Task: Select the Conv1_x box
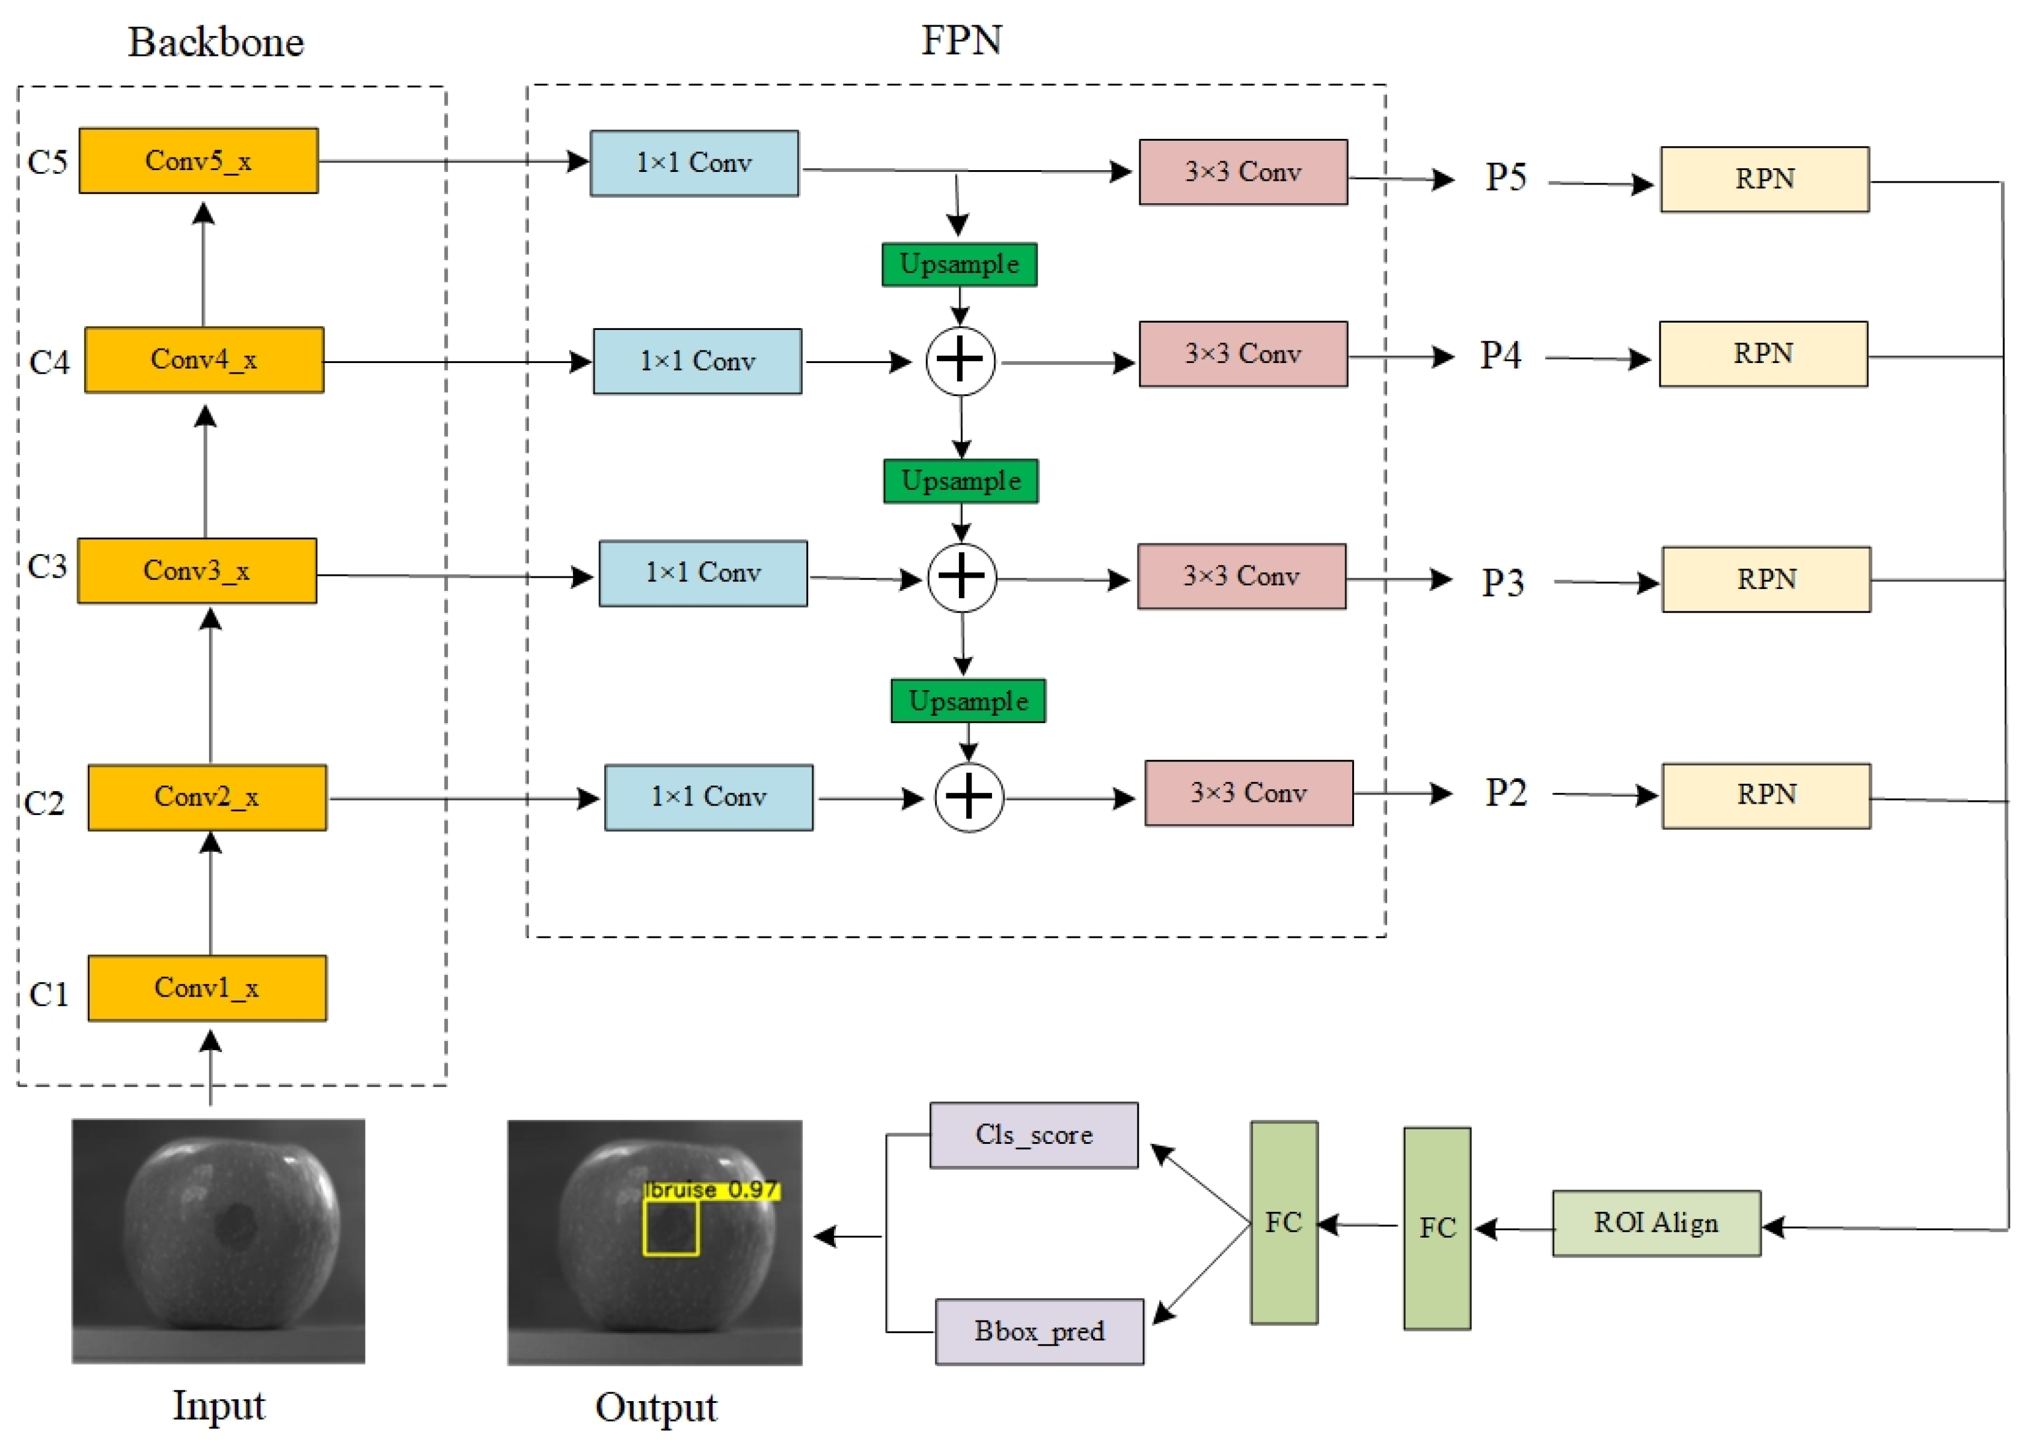[x=206, y=988]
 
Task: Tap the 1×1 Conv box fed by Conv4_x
[x=697, y=361]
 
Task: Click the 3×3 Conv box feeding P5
[x=1242, y=172]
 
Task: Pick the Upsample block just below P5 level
[x=958, y=264]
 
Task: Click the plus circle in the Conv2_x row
[x=968, y=796]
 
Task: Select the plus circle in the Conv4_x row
[x=960, y=361]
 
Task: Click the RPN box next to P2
[x=1766, y=795]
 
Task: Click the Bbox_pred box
[x=1038, y=1331]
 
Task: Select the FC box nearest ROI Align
[x=1436, y=1228]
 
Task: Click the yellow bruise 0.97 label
[x=711, y=1190]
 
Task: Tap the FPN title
[x=961, y=41]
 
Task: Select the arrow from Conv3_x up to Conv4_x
[x=206, y=472]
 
